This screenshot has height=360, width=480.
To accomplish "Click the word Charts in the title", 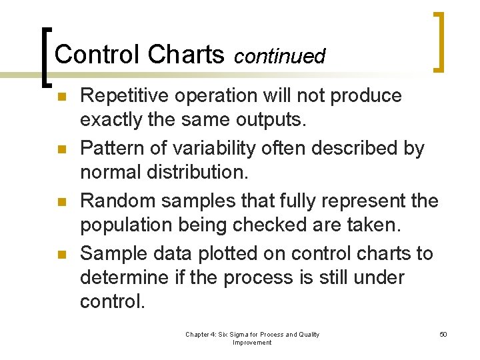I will click(187, 55).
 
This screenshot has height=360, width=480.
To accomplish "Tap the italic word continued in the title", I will click(279, 57).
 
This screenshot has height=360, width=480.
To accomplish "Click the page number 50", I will click(443, 334).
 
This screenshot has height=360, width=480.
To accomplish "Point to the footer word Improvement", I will click(252, 343).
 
